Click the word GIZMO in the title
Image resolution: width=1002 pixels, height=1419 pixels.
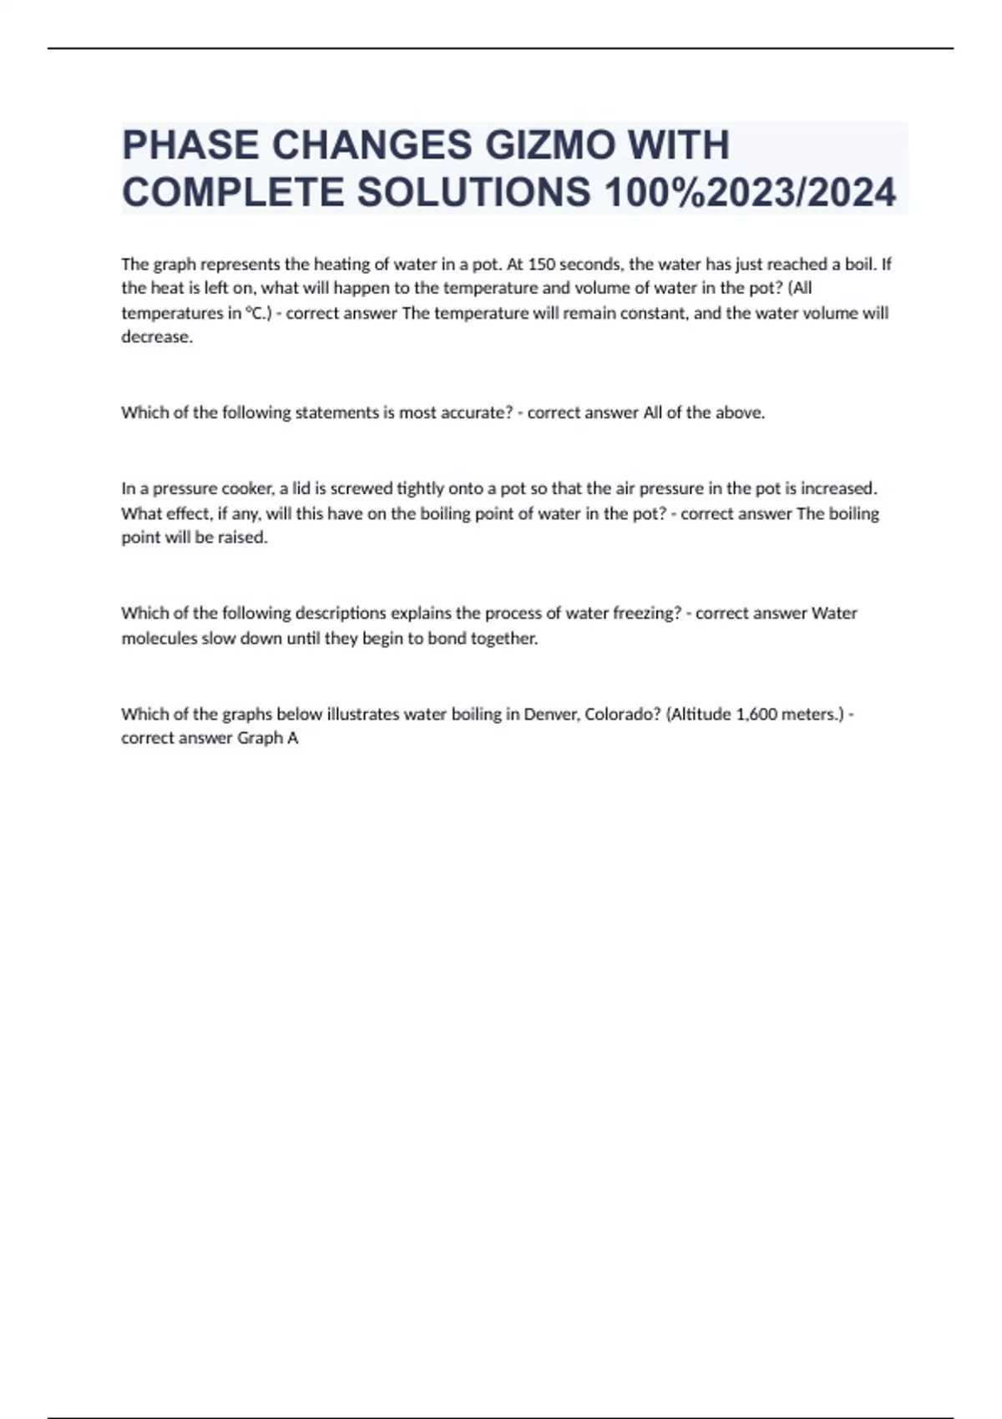[550, 145]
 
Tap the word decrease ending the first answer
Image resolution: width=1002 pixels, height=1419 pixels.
[156, 338]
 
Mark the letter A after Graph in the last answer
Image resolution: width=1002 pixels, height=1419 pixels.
[292, 739]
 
